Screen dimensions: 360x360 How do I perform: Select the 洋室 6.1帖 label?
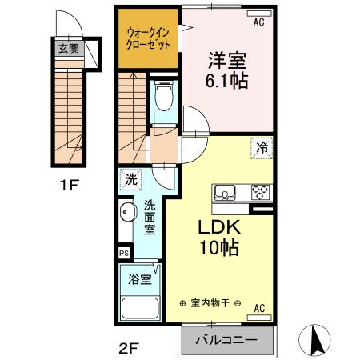pos(226,70)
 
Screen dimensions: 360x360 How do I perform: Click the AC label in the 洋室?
pos(259,22)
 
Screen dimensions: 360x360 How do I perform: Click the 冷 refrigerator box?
pos(262,146)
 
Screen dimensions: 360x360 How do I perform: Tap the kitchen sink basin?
pos(225,193)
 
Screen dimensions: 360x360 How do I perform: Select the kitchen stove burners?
pos(261,193)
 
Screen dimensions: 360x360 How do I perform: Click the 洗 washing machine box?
pos(130,180)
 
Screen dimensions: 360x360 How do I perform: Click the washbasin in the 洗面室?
pos(127,215)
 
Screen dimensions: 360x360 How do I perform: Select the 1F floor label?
pos(68,186)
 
